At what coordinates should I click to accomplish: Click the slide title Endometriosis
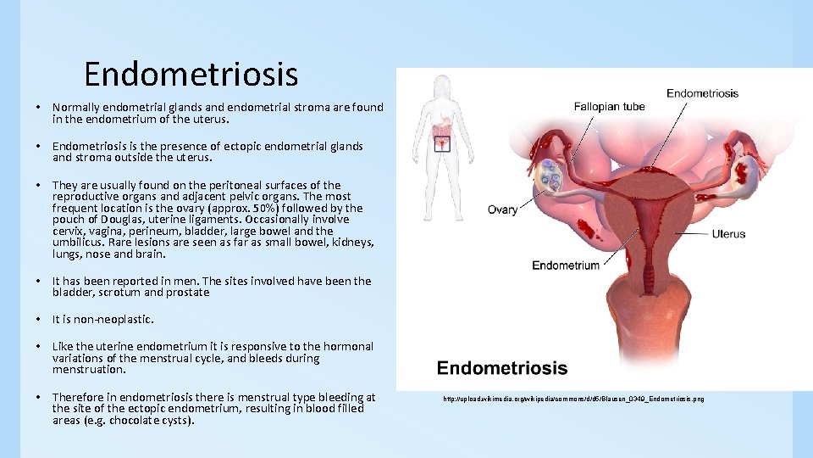pos(191,75)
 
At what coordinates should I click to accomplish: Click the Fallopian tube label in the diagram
pos(609,107)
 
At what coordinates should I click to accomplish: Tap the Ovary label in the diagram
pos(502,209)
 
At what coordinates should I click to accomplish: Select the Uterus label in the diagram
pos(727,233)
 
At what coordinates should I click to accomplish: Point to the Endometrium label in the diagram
pos(566,265)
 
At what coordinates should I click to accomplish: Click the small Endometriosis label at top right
pos(702,93)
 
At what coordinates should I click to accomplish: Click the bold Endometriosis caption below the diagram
pos(501,368)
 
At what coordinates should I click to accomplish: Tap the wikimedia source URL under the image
pos(573,399)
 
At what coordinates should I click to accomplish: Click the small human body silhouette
pos(441,127)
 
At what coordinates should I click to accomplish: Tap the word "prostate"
pos(188,293)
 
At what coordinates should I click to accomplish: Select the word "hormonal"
pos(348,346)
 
